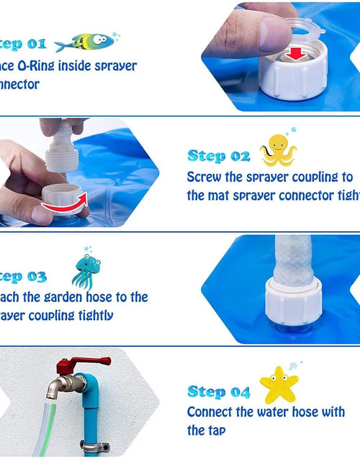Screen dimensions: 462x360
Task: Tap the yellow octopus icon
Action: (278, 150)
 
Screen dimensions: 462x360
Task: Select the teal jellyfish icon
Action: (86, 270)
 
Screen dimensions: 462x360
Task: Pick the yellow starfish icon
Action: (278, 384)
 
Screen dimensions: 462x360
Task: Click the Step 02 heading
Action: (219, 156)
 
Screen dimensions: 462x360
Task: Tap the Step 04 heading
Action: (219, 392)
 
